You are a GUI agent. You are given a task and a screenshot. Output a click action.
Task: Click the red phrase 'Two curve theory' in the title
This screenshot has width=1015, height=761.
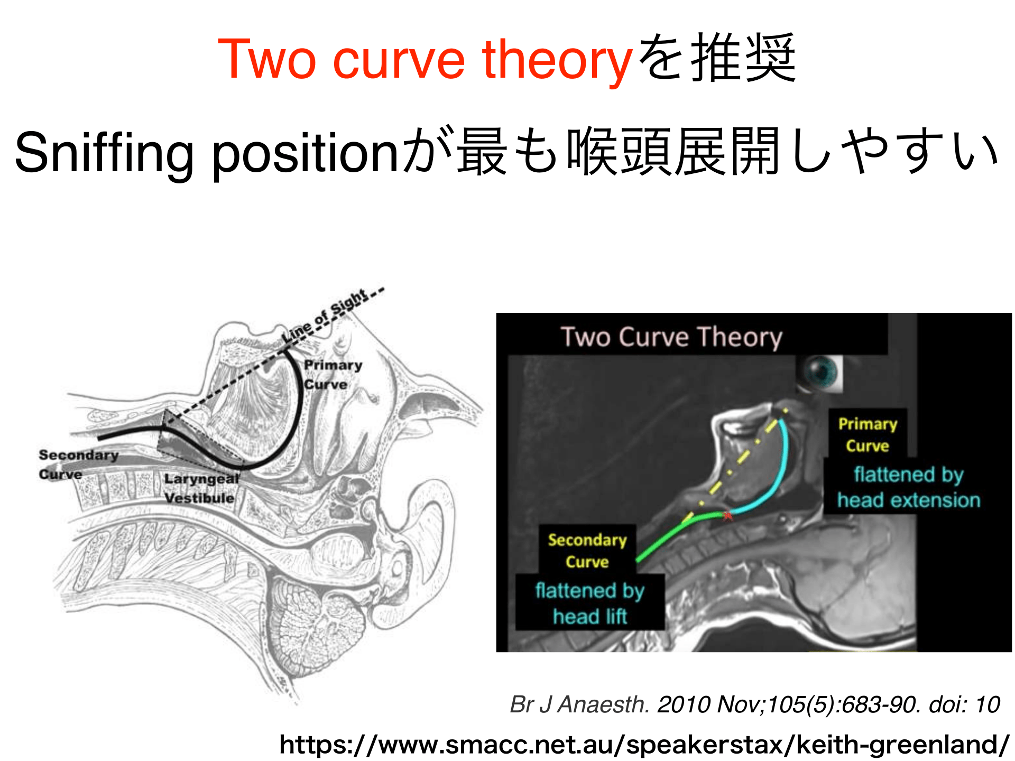tap(425, 59)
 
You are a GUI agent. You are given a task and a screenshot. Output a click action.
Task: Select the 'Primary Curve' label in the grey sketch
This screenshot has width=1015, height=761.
tap(333, 375)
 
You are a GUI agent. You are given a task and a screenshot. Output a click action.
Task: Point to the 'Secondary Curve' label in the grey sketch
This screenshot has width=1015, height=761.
tap(78, 465)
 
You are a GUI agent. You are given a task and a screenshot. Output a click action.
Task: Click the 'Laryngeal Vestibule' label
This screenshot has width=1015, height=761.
tap(201, 488)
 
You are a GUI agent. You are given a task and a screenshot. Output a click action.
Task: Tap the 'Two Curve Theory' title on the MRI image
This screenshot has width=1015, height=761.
tap(671, 337)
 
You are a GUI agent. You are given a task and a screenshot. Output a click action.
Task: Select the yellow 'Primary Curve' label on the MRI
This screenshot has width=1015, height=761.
tap(868, 434)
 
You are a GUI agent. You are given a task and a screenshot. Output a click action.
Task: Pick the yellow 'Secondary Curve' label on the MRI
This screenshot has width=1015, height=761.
tap(587, 551)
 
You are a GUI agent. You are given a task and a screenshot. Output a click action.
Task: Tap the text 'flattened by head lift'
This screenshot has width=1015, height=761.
tap(590, 604)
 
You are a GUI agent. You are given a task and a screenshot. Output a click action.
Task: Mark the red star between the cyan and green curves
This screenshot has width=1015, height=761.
tap(727, 515)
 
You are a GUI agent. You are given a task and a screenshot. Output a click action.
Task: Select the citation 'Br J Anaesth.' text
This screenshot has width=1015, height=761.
tap(579, 704)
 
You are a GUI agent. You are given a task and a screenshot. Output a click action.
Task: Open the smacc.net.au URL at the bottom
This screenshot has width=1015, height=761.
tap(644, 745)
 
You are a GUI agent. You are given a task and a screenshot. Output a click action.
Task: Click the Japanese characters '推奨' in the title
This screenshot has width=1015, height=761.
tap(743, 58)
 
